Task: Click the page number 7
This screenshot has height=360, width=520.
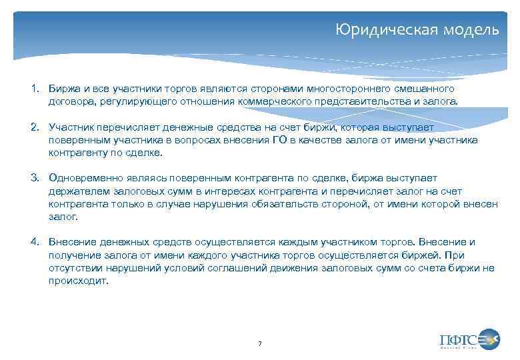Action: click(x=259, y=343)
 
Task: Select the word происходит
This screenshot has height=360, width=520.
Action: click(x=78, y=281)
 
